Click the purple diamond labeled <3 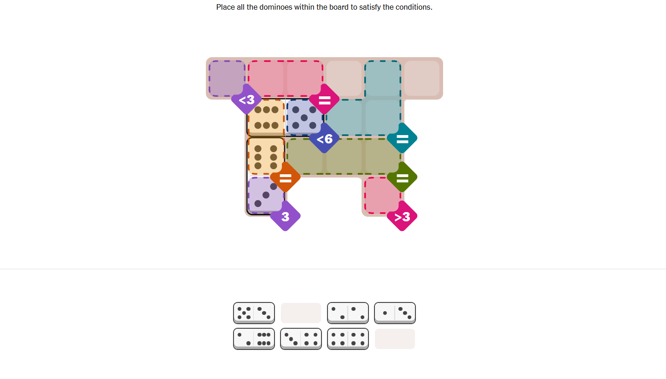[246, 99]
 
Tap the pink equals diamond [324, 99]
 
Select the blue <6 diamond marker [324, 138]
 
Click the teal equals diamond [402, 138]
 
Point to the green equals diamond [402, 178]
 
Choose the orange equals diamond [285, 178]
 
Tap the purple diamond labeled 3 [285, 216]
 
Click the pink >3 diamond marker [402, 216]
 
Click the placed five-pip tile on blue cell [304, 117]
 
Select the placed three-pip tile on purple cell [265, 195]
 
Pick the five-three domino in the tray [254, 313]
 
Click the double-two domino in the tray [348, 313]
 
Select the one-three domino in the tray [395, 313]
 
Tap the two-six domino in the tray [254, 339]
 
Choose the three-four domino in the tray [301, 339]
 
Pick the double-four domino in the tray [348, 339]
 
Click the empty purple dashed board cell [227, 78]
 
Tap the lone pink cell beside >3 [382, 195]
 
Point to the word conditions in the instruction [413, 7]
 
